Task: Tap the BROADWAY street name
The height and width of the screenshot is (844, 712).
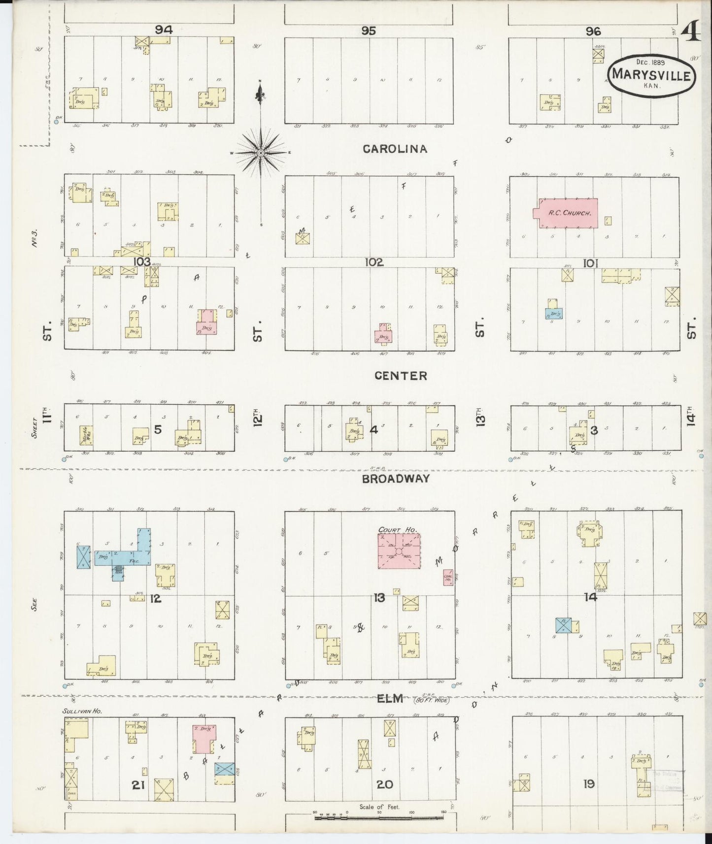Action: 396,479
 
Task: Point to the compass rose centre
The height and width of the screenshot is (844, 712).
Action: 260,153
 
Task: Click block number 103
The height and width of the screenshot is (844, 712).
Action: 142,261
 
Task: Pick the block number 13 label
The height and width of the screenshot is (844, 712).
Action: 379,598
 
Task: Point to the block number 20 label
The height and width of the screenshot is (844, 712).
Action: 384,784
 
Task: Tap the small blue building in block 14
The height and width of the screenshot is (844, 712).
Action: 563,625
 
